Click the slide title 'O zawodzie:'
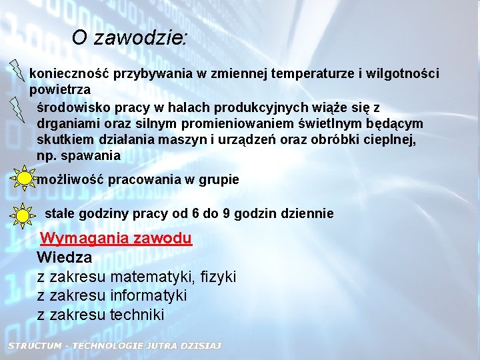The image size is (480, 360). [x=129, y=38]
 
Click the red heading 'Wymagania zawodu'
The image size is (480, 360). [x=116, y=238]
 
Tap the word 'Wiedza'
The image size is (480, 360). [x=65, y=257]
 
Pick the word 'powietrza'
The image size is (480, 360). [x=60, y=89]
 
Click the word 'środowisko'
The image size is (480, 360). [x=71, y=107]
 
